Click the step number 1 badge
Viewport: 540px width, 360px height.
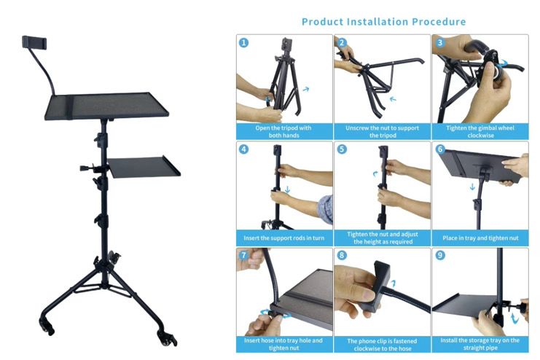coord(243,43)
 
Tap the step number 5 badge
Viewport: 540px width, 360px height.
coord(342,149)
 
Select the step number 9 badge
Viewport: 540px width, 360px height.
coord(440,255)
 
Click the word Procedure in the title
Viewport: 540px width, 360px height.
coord(439,22)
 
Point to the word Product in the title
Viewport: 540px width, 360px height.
coord(322,22)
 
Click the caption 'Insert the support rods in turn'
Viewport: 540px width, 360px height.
coord(284,238)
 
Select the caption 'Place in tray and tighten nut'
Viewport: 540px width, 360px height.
coord(480,238)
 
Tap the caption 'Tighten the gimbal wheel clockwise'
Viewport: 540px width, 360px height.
coord(480,132)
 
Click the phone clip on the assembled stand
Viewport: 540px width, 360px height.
coord(34,42)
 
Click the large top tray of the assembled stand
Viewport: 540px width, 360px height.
coord(106,106)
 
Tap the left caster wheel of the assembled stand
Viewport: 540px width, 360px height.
coord(47,327)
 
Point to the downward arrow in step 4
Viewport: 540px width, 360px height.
coord(288,189)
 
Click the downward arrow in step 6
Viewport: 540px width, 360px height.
coord(472,187)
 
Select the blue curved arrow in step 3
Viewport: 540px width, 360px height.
coord(503,63)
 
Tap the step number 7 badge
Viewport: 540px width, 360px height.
coord(243,255)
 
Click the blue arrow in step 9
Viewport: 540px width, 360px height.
coord(514,318)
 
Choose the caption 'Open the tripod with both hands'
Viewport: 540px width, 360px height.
coord(283,132)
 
